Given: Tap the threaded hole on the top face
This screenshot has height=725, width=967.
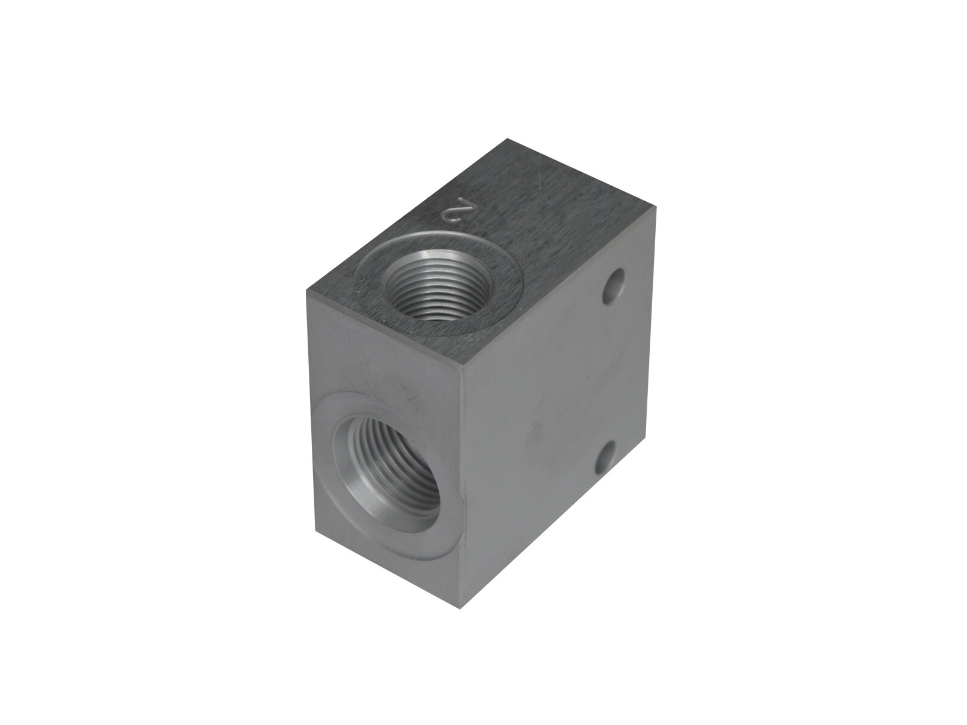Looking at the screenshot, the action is (439, 288).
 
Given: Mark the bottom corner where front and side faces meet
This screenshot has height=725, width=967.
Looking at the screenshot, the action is (459, 609).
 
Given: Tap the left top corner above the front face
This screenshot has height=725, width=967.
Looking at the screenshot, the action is (306, 291).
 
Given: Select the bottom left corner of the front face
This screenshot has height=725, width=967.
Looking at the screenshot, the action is (316, 531).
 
